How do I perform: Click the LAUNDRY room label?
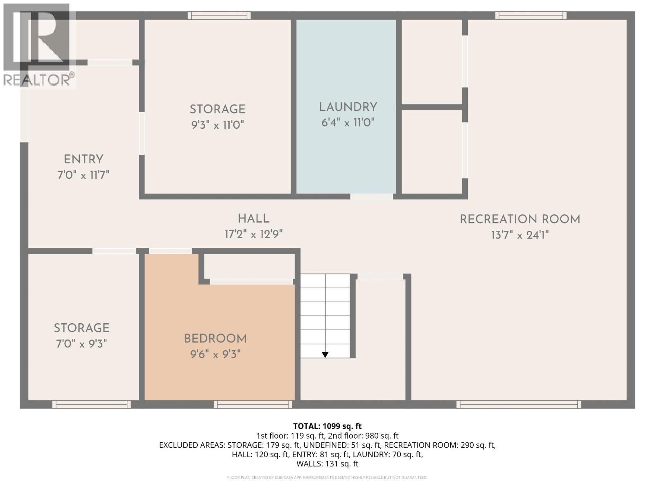point(348,107)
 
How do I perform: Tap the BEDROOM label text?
point(215,339)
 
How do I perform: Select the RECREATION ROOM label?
point(520,220)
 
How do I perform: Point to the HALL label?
point(254,219)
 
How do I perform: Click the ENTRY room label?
point(84,160)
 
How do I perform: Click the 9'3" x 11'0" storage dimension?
point(217,125)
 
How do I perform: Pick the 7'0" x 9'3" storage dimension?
point(81,344)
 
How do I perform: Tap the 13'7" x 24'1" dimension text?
point(520,235)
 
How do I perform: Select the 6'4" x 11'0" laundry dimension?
point(348,122)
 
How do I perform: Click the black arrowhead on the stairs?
point(325,355)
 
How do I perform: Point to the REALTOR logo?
point(38,45)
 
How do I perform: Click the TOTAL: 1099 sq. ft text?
point(327,426)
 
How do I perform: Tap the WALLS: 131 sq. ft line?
point(327,464)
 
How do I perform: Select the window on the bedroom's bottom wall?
point(253,405)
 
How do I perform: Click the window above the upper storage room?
point(219,15)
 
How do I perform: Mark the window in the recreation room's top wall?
point(531,15)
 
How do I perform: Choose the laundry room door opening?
point(372,196)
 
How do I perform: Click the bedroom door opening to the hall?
point(170,251)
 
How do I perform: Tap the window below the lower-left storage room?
point(92,405)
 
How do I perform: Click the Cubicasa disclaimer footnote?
point(327,477)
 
